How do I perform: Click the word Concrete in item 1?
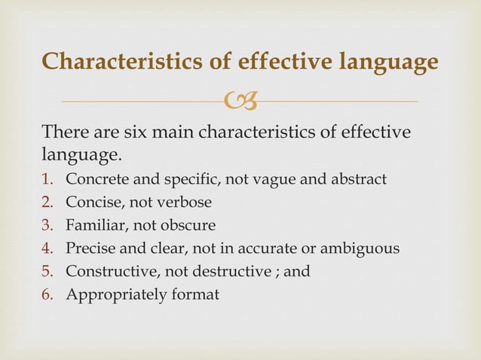(93, 179)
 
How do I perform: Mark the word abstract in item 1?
(358, 179)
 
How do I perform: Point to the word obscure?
(188, 225)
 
